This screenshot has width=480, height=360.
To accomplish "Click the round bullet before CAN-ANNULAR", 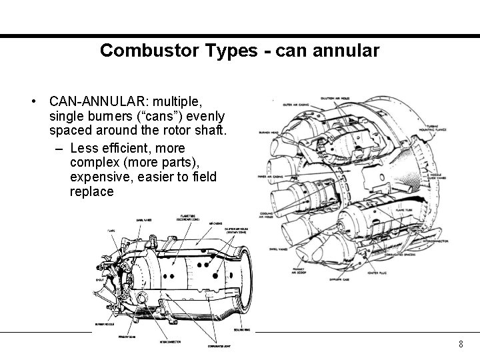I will click(33, 103).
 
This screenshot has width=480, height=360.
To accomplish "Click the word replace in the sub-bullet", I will click(91, 191).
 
